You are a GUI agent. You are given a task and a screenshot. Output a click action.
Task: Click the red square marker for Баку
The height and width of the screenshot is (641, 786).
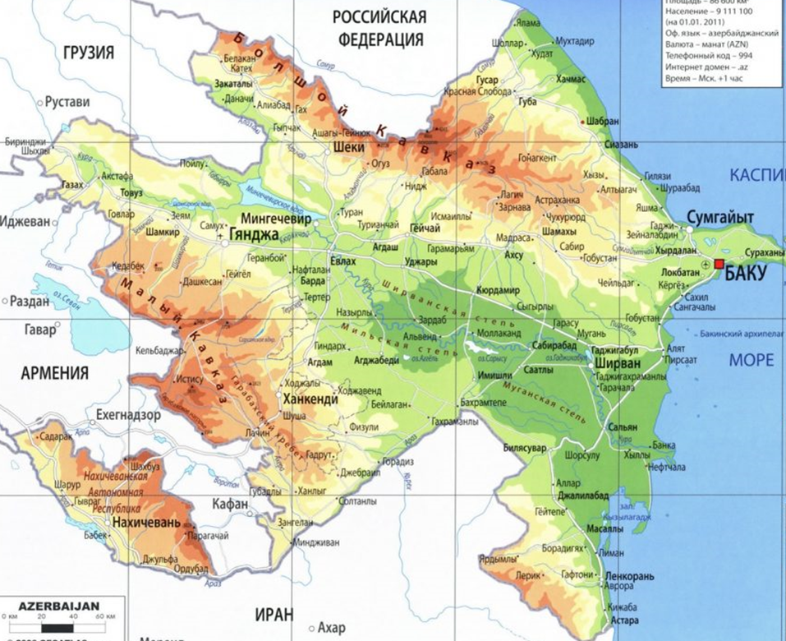click(x=719, y=264)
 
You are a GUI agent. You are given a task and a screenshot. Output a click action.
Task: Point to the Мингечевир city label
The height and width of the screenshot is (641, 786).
click(x=275, y=220)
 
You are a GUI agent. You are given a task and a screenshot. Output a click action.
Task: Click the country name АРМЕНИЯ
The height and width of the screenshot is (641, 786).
click(x=54, y=374)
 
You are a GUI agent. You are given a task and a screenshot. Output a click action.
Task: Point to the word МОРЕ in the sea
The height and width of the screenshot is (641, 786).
click(x=751, y=360)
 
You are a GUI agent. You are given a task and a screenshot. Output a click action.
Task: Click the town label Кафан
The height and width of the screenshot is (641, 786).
click(x=230, y=504)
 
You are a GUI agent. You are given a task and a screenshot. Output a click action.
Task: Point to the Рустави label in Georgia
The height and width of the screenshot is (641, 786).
click(x=67, y=102)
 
